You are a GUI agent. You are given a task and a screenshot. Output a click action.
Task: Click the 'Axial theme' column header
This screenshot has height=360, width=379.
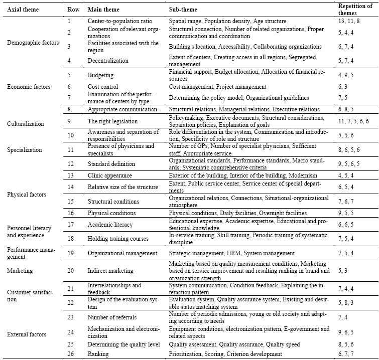pyautogui.click(x=22, y=10)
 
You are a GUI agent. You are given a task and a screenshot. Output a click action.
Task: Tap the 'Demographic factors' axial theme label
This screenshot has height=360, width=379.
pyautogui.click(x=33, y=43)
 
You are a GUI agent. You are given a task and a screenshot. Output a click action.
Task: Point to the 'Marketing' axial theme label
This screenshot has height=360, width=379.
pyautogui.click(x=20, y=271)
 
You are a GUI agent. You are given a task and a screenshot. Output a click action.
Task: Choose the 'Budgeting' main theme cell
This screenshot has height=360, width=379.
pyautogui.click(x=100, y=75)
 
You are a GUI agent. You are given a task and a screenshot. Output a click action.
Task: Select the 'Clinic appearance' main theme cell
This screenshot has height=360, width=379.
pyautogui.click(x=110, y=175)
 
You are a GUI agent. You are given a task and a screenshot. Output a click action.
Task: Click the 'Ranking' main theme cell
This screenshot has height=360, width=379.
pyautogui.click(x=99, y=354)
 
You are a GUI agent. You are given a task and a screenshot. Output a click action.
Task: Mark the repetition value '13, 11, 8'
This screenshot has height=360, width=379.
pyautogui.click(x=351, y=22)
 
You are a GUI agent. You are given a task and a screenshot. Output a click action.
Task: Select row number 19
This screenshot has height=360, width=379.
pyautogui.click(x=71, y=253)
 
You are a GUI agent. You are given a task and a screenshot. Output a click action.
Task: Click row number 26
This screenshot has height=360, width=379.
pyautogui.click(x=71, y=354)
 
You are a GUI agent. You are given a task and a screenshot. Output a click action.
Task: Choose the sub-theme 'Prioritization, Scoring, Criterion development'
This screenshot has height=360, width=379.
pyautogui.click(x=225, y=354)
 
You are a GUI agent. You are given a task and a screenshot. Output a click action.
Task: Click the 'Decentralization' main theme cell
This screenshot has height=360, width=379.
pyautogui.click(x=108, y=61)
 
